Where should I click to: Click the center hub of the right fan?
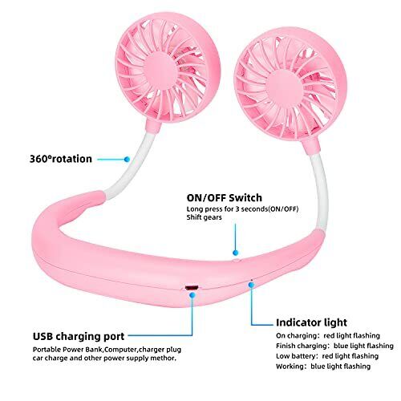pyautogui.click(x=286, y=91)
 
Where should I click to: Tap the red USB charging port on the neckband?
pyautogui.click(x=192, y=288)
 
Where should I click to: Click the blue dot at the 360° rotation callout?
pyautogui.click(x=127, y=160)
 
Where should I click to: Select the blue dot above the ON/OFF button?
pyautogui.click(x=235, y=253)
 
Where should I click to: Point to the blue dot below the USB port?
pyautogui.click(x=192, y=295)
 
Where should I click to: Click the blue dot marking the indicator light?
pyautogui.click(x=251, y=285)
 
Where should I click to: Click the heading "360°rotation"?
pyautogui.click(x=61, y=159)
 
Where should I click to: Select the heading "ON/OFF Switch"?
pyautogui.click(x=225, y=198)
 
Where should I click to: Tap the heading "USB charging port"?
pyautogui.click(x=79, y=336)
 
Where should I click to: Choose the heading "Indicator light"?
pyautogui.click(x=311, y=322)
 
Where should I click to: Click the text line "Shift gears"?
pyautogui.click(x=205, y=217)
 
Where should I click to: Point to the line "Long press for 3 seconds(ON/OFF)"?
pyautogui.click(x=242, y=209)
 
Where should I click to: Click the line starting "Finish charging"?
pyautogui.click(x=334, y=346)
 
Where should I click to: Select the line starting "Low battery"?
pyautogui.click(x=327, y=356)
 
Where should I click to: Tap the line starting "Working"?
pyautogui.click(x=323, y=367)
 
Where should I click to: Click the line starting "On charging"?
pyautogui.click(x=328, y=335)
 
